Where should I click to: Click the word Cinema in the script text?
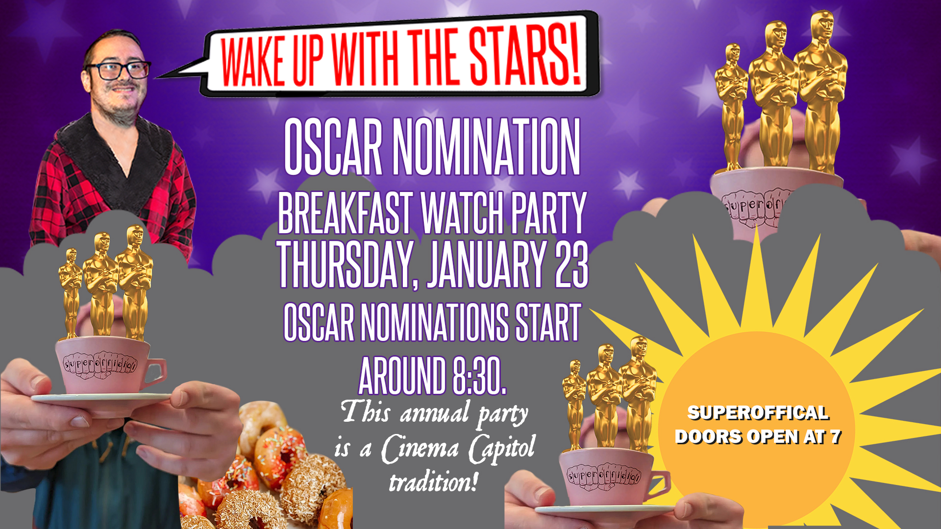tap(421, 449)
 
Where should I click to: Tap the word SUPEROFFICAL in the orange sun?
tap(758, 413)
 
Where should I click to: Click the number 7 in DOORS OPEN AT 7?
tap(835, 436)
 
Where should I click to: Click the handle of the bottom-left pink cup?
tap(156, 372)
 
